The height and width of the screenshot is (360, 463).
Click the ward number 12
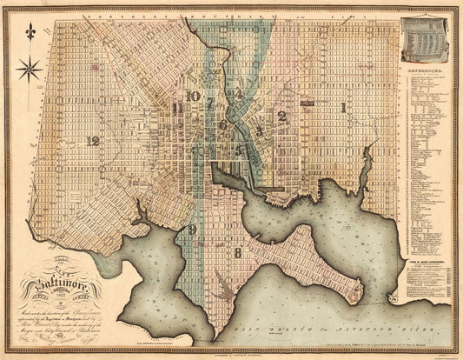(93, 139)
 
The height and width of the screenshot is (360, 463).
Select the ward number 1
(344, 108)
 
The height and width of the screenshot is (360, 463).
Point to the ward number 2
(281, 115)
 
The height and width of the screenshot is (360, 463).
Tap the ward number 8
(237, 252)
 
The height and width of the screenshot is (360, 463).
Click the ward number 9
(191, 230)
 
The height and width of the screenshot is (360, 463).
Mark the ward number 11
(178, 108)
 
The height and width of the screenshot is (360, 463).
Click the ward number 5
(237, 150)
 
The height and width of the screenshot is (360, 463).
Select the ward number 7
(209, 103)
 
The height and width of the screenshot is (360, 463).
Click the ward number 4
(237, 93)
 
